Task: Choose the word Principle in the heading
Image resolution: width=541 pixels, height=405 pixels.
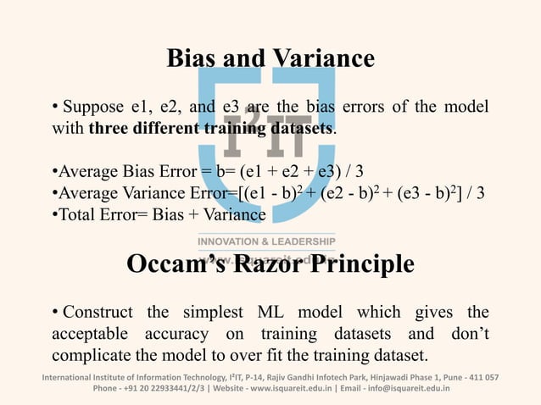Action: tap(365, 264)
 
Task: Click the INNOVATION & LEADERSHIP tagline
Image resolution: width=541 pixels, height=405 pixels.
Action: tap(266, 241)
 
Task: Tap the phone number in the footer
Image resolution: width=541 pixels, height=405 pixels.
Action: tap(170, 389)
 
